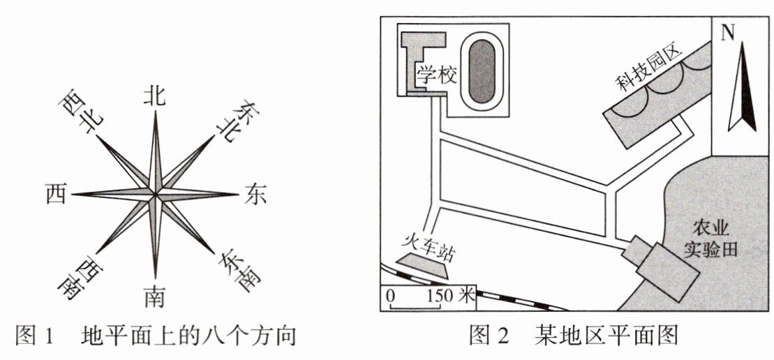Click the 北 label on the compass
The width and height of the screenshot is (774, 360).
point(154,96)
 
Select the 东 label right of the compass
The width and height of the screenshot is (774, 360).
point(255,195)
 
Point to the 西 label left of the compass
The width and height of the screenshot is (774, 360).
point(54,195)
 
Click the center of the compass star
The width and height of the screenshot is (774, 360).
point(155,195)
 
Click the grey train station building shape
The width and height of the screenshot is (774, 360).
point(423,260)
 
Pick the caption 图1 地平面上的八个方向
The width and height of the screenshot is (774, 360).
point(154,337)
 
